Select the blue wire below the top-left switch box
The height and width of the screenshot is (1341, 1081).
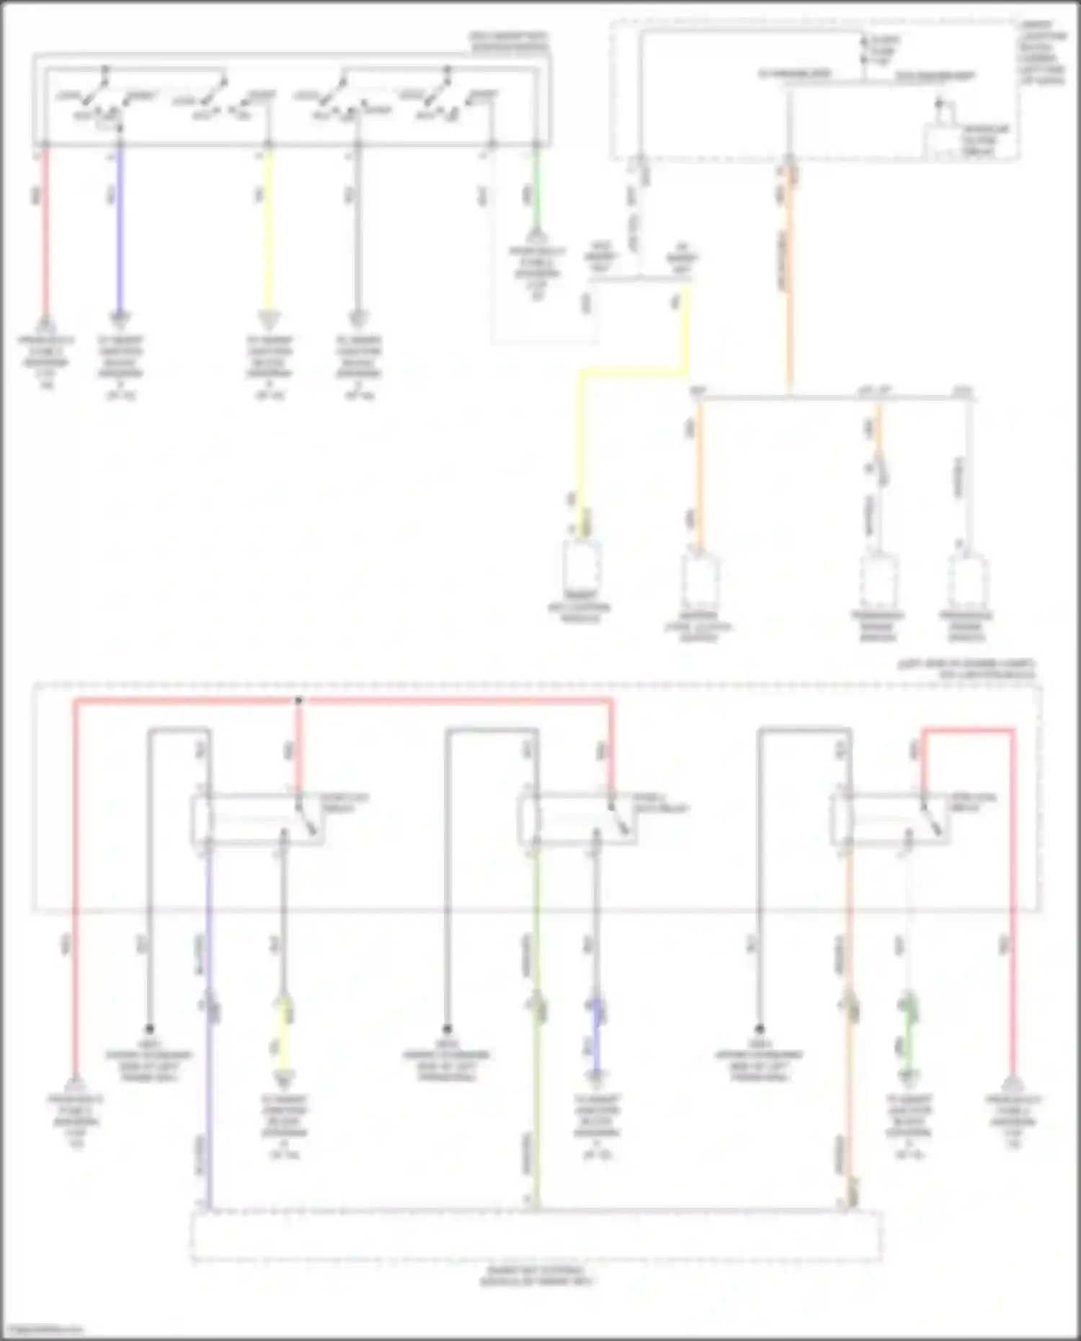[x=120, y=231]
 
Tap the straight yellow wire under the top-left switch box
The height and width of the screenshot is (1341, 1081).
[x=268, y=231]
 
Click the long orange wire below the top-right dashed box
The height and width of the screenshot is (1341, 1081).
[x=789, y=288]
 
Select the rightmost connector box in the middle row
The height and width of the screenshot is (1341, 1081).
[x=966, y=581]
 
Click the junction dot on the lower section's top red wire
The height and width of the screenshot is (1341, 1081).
[x=299, y=700]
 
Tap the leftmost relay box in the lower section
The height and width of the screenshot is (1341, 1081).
[x=257, y=819]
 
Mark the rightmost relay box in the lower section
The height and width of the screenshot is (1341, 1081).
[x=890, y=819]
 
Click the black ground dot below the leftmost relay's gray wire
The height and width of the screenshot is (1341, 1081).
[x=150, y=1029]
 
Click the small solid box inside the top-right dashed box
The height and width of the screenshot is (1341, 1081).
[x=943, y=141]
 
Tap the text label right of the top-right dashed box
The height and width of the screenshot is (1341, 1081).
[x=1042, y=54]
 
